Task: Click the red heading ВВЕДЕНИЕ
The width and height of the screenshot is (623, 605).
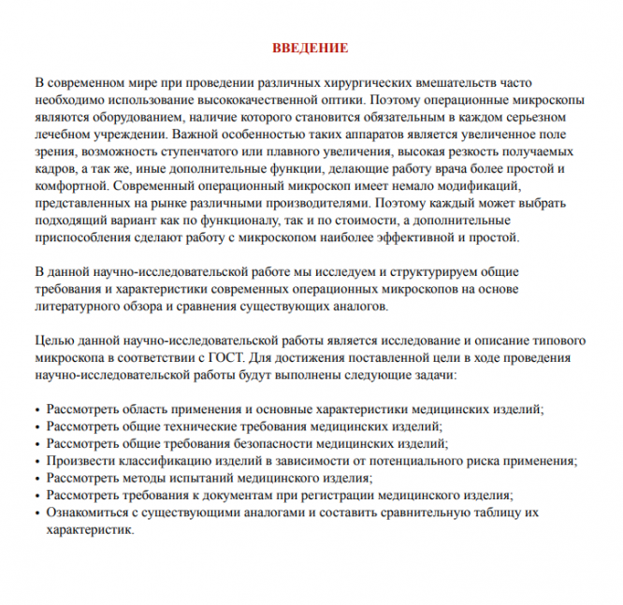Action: click(311, 47)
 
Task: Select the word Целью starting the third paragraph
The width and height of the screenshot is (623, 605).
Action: click(52, 342)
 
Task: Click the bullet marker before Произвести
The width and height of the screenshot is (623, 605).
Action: click(36, 462)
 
